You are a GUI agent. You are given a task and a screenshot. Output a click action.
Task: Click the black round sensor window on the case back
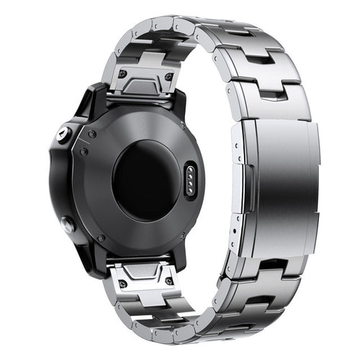[144, 179]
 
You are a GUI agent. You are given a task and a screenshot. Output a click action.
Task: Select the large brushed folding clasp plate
[278, 187]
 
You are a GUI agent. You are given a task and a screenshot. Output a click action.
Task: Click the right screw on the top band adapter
[168, 76]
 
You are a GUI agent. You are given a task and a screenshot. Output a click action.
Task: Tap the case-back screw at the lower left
[101, 238]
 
